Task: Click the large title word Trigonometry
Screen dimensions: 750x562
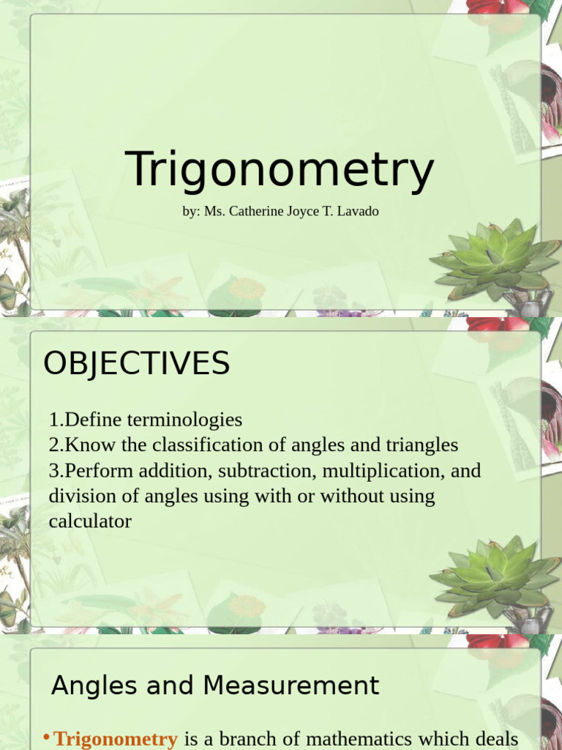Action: [x=280, y=170]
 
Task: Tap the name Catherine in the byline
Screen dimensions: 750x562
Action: [x=261, y=212]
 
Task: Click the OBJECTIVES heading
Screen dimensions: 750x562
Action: [x=137, y=363]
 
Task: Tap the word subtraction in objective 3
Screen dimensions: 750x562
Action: [x=271, y=470]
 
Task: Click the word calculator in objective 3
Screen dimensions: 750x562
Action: [x=90, y=521]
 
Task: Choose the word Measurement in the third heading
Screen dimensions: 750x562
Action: [x=291, y=686]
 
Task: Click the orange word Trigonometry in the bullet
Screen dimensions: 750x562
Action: [x=116, y=739]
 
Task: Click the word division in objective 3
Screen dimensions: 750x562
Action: [x=78, y=496]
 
